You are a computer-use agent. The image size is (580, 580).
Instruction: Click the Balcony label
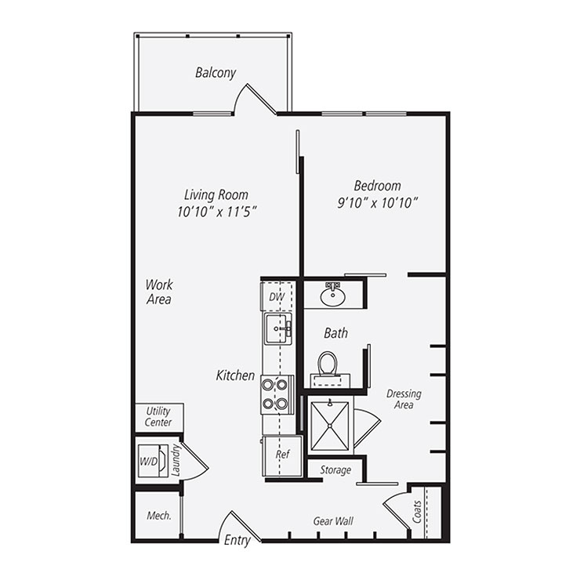216,73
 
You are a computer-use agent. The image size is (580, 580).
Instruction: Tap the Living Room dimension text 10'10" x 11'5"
218,212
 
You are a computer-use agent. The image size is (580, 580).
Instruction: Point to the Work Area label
158,292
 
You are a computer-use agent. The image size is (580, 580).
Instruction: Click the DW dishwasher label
276,297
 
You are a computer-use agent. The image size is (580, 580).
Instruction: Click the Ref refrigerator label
281,454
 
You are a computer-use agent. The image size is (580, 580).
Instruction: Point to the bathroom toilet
328,365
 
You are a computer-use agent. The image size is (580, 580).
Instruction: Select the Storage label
335,470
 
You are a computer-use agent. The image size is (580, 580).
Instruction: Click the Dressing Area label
404,400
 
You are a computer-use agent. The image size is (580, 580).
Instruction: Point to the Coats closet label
417,513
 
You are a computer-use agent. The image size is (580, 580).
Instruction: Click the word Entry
237,541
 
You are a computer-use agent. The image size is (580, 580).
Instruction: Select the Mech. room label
159,515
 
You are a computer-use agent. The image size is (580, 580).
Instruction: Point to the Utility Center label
158,416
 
